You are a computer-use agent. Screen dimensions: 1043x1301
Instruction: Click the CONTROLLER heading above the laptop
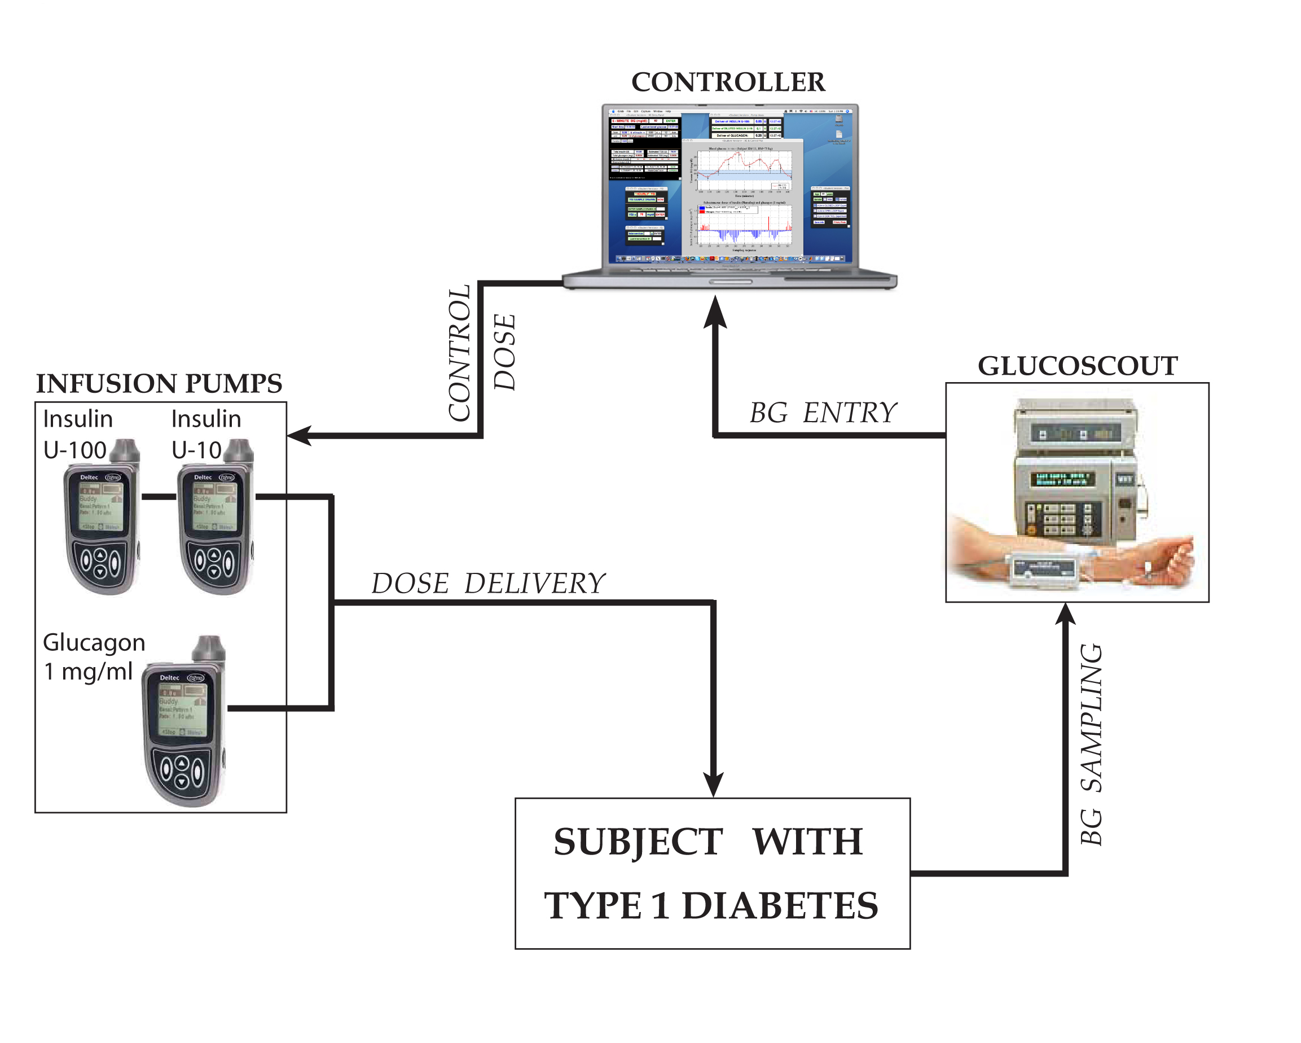(728, 82)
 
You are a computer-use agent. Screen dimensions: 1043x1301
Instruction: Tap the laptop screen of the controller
(729, 185)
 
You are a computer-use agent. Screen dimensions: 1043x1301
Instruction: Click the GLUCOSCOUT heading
(1077, 366)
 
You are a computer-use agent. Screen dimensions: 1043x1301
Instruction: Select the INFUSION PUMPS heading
(159, 384)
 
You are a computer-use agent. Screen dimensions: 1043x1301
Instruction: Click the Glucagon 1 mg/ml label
(94, 657)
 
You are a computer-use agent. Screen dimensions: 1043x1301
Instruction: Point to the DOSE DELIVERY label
(487, 584)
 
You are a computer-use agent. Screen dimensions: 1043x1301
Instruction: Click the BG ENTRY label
(823, 413)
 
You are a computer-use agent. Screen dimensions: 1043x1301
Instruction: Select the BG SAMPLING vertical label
(1091, 744)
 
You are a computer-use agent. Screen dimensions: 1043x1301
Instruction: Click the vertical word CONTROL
(459, 353)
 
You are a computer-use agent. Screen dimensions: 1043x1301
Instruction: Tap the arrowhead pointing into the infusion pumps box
(300, 435)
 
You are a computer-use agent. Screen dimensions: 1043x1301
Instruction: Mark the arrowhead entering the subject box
(713, 785)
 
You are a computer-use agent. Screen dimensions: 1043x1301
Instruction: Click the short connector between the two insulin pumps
(159, 497)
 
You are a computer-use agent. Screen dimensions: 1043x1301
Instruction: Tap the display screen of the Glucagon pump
(182, 709)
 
